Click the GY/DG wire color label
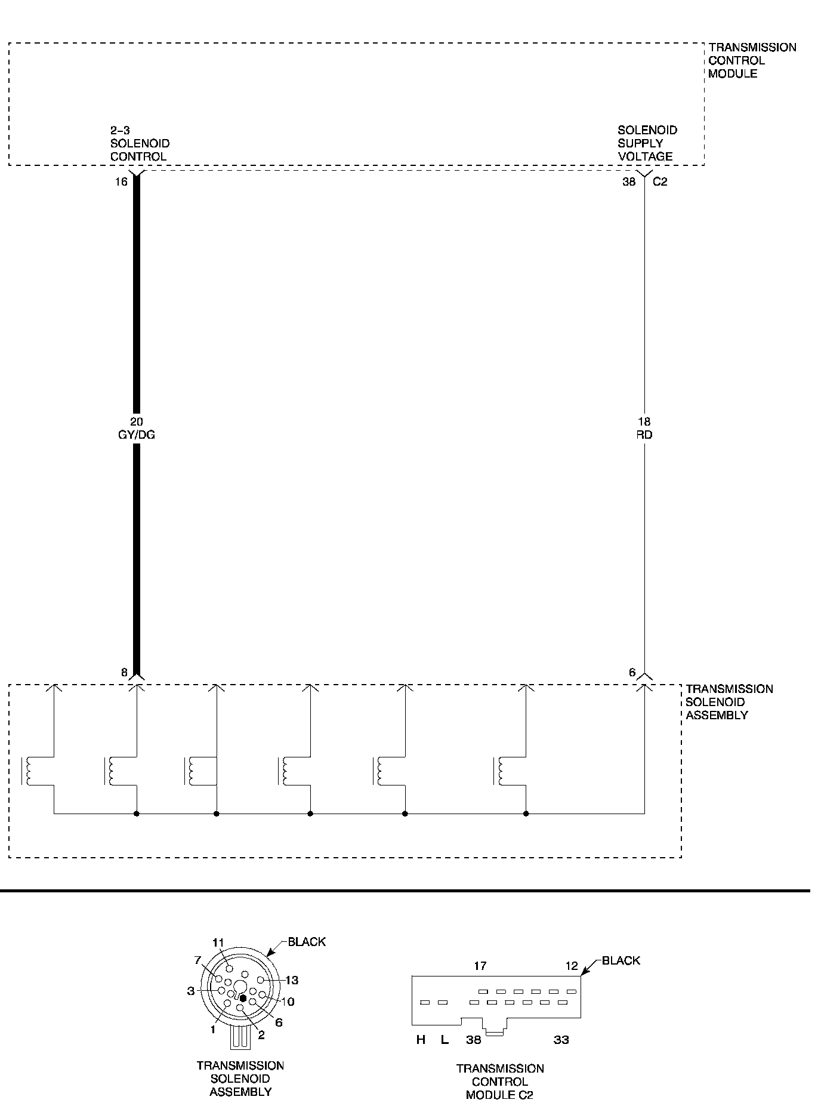pyautogui.click(x=136, y=435)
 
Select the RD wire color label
pyautogui.click(x=644, y=435)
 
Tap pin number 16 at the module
pyautogui.click(x=121, y=182)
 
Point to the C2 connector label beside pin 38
pyautogui.click(x=660, y=182)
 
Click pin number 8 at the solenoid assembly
pyautogui.click(x=124, y=673)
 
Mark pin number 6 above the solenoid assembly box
pyautogui.click(x=632, y=673)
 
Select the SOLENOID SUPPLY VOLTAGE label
pyautogui.click(x=647, y=143)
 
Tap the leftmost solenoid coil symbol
pyautogui.click(x=27, y=771)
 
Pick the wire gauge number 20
pyautogui.click(x=137, y=422)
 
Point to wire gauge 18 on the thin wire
pyautogui.click(x=644, y=422)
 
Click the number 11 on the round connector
pyautogui.click(x=218, y=942)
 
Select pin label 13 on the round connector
pyautogui.click(x=291, y=980)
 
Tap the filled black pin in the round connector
pyautogui.click(x=243, y=998)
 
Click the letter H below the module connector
pyautogui.click(x=421, y=1040)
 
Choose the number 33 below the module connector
pyautogui.click(x=561, y=1040)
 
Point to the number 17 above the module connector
pyautogui.click(x=480, y=965)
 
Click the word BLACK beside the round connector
pyautogui.click(x=307, y=942)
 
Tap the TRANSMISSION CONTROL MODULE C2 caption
pyautogui.click(x=500, y=1082)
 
